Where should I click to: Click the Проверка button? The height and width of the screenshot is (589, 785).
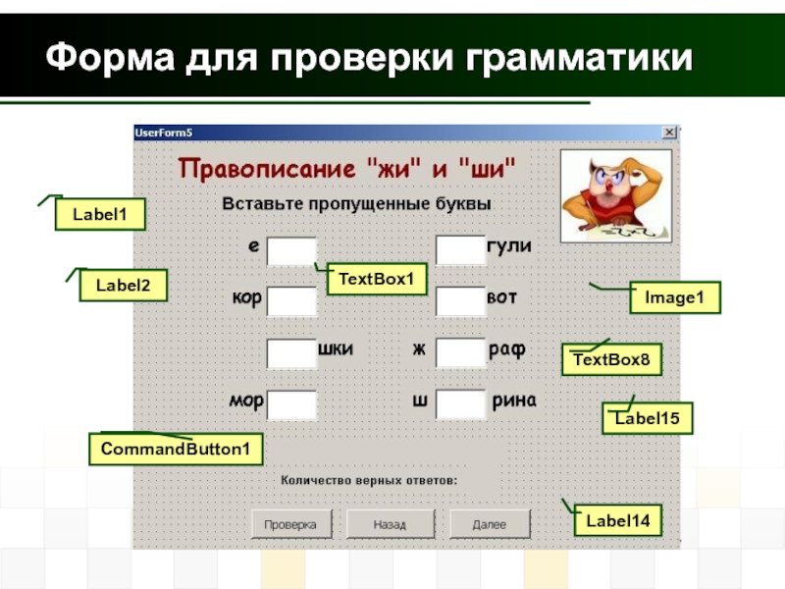point(290,524)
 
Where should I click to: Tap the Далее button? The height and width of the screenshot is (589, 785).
point(490,524)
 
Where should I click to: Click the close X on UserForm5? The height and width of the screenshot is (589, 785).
point(669,132)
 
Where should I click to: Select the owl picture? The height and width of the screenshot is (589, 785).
point(615,196)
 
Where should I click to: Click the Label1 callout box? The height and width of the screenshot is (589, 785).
point(100,215)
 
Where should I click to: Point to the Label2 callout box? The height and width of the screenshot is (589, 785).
point(124,286)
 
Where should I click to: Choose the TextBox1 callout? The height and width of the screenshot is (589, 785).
point(377,280)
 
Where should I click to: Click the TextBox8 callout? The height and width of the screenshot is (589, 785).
point(611,360)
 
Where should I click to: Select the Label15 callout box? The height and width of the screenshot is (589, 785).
point(647,419)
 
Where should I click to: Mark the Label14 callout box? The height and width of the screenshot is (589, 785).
point(618,520)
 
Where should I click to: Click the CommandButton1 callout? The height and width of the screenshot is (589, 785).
point(177,449)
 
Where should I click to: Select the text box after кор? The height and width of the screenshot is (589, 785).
point(291,301)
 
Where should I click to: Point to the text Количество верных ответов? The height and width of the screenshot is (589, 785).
point(370,481)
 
